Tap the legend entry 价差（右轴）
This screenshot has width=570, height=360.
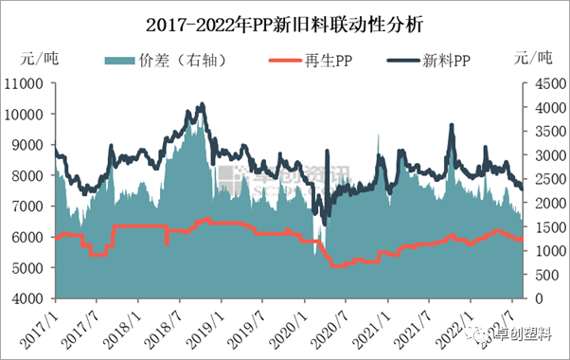point(186,62)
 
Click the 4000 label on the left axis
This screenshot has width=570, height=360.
point(30,299)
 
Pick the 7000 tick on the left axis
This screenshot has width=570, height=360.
point(30,207)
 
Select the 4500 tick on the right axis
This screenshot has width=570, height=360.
point(543,83)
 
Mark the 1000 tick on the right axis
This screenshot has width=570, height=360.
point(543,251)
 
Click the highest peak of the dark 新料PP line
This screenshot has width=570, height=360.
point(201,104)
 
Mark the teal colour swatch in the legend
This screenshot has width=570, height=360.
point(118,62)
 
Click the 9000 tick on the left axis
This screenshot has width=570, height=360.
point(30,145)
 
